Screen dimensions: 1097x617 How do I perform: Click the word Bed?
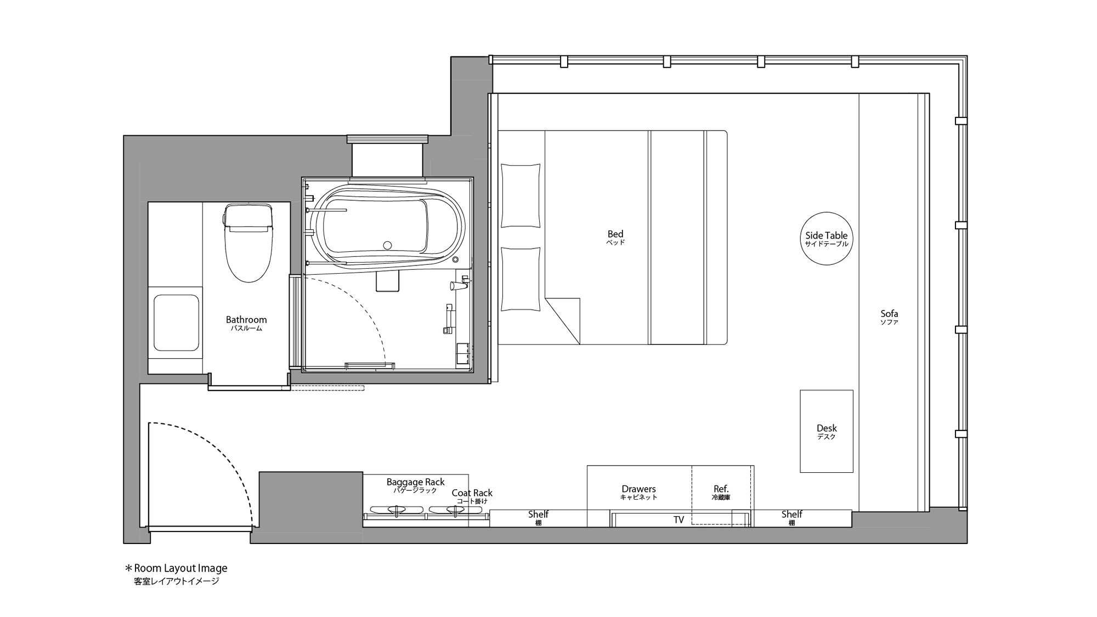tap(615, 234)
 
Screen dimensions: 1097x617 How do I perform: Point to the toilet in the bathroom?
tap(248, 242)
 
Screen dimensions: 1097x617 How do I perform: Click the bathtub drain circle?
tap(388, 245)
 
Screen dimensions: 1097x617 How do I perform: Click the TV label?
tap(678, 520)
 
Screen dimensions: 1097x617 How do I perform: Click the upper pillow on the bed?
tap(521, 195)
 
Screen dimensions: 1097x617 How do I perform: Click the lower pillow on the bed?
tap(521, 279)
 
